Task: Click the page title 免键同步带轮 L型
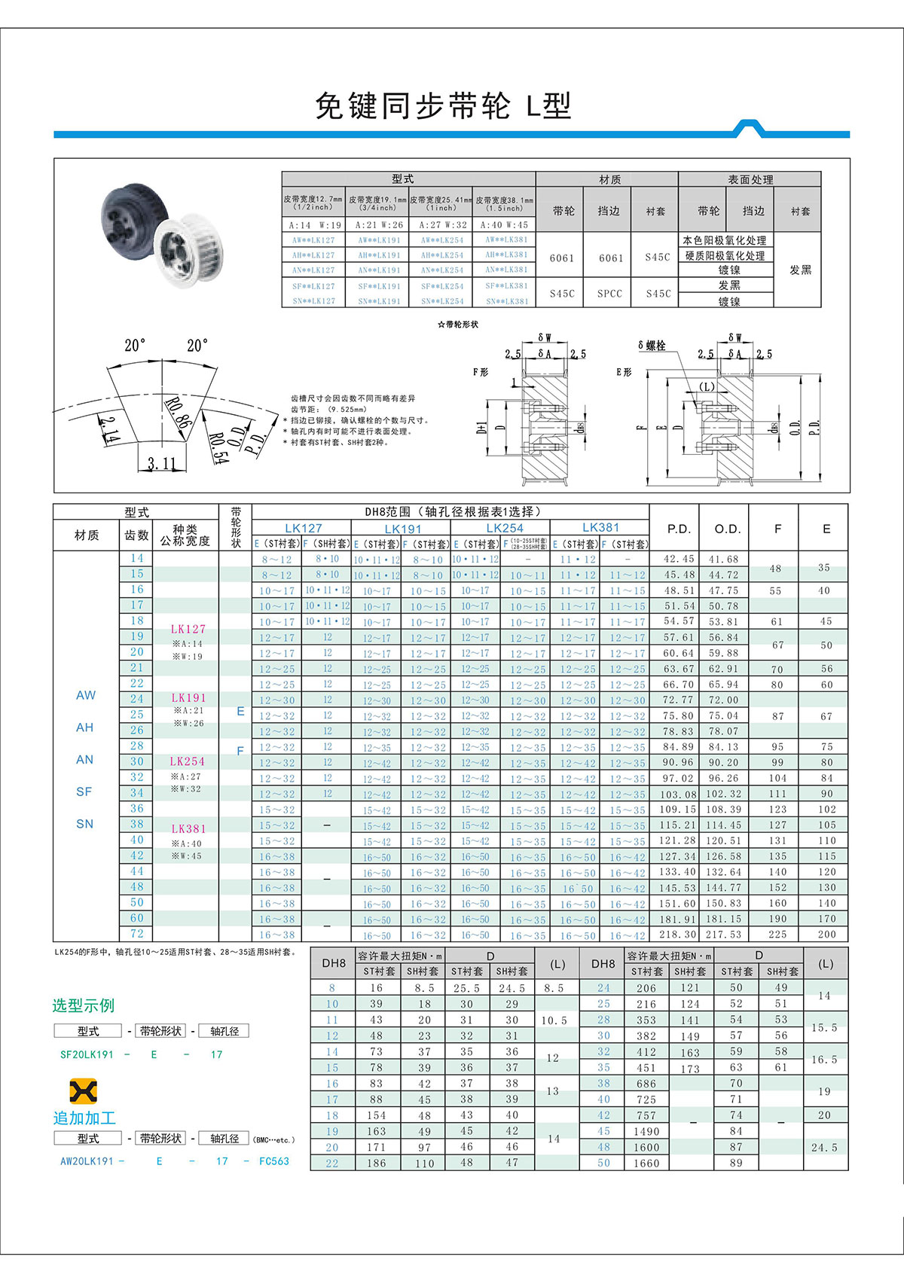443,106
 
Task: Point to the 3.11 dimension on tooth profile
161,463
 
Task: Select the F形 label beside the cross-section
481,372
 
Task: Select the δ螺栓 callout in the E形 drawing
652,346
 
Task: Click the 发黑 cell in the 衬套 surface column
800,270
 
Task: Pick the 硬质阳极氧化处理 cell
725,256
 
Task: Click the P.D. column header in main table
679,529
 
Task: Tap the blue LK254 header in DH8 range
504,528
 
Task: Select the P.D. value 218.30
678,934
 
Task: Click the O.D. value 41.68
723,559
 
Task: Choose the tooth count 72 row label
136,933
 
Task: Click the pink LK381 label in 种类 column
188,828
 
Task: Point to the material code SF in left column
84,792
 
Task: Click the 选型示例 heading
83,1005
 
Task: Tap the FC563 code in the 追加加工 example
274,1161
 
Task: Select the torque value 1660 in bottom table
646,1163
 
